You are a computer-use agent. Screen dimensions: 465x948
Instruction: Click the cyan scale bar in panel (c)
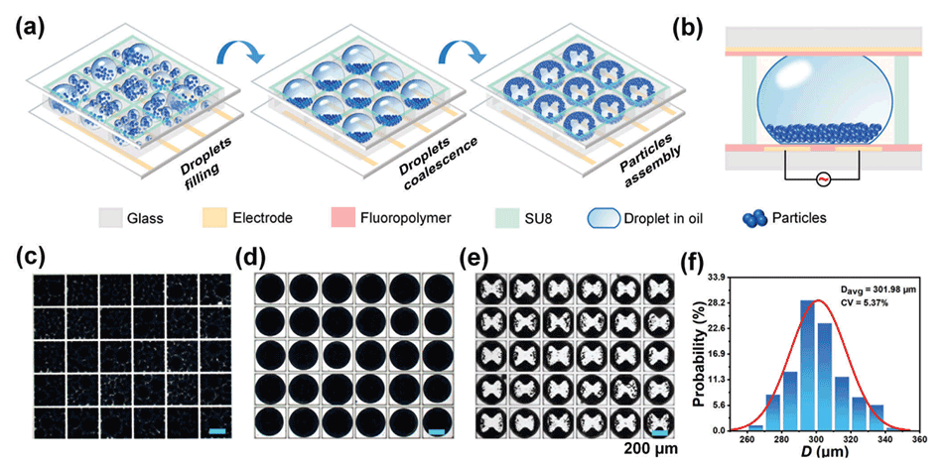(219, 430)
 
